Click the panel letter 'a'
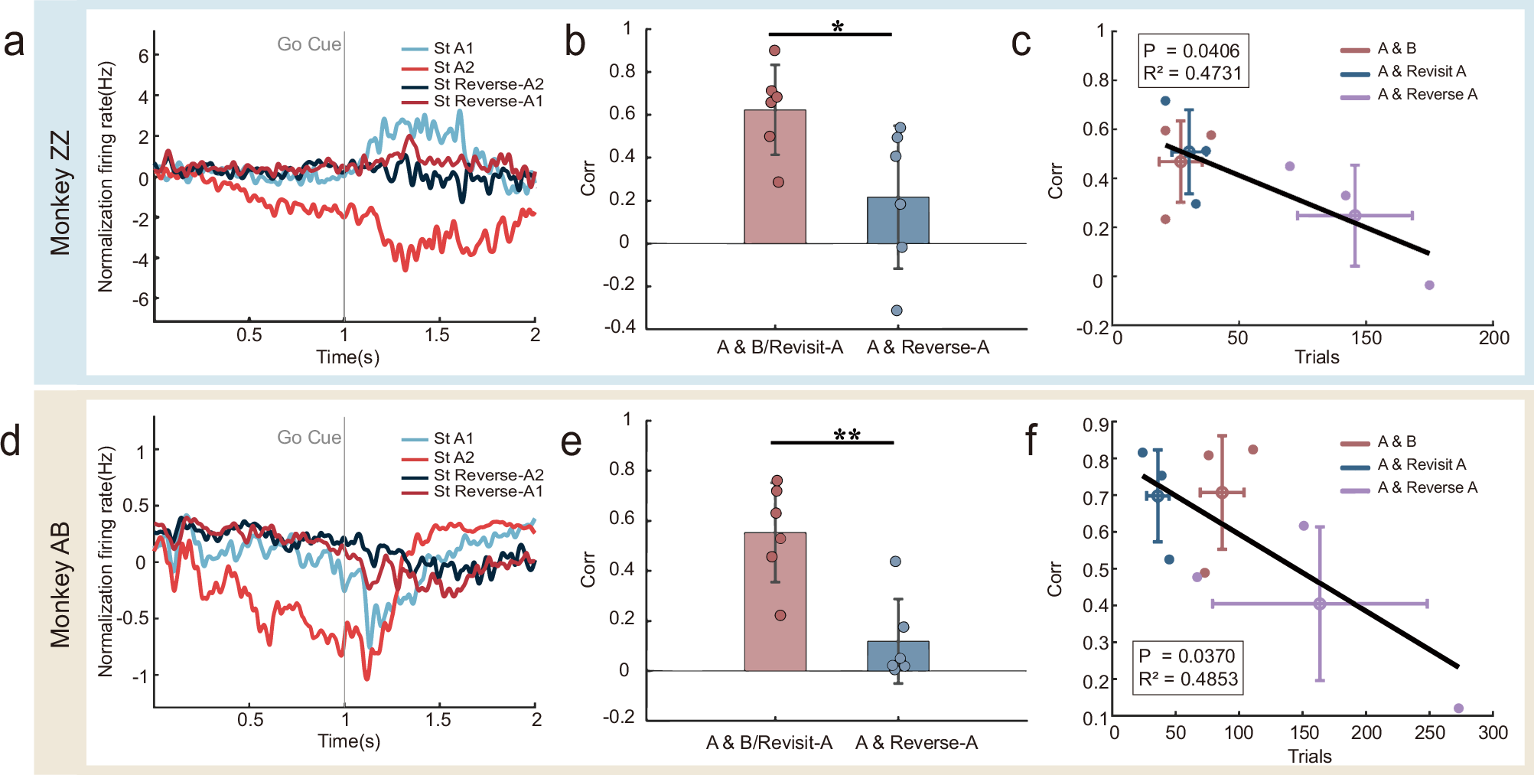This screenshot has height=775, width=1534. pyautogui.click(x=14, y=43)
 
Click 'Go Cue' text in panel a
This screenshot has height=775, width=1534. pyautogui.click(x=308, y=44)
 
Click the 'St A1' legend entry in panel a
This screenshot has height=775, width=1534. pyautogui.click(x=453, y=48)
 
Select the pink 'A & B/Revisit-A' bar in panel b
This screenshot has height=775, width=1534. pyautogui.click(x=774, y=184)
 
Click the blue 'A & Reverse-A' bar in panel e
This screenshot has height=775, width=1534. pyautogui.click(x=897, y=656)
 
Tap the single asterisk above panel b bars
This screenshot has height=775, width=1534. pyautogui.click(x=837, y=28)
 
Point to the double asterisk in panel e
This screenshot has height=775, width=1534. pyautogui.click(x=846, y=435)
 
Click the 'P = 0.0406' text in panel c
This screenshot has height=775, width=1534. pyautogui.click(x=1191, y=50)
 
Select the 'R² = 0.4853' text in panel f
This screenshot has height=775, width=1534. pyautogui.click(x=1187, y=679)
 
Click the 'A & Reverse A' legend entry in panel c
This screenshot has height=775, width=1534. pyautogui.click(x=1427, y=94)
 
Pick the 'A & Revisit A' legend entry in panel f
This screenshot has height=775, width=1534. pyautogui.click(x=1421, y=464)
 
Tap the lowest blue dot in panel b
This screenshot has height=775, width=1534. pyautogui.click(x=897, y=311)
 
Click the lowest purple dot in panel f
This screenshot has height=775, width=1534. pyautogui.click(x=1458, y=708)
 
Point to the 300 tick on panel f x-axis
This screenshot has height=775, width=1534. pyautogui.click(x=1493, y=733)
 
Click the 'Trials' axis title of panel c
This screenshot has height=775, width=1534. pyautogui.click(x=1316, y=357)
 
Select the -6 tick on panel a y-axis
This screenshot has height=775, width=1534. pyautogui.click(x=140, y=299)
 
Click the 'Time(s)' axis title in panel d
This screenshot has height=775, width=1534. pyautogui.click(x=349, y=741)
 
